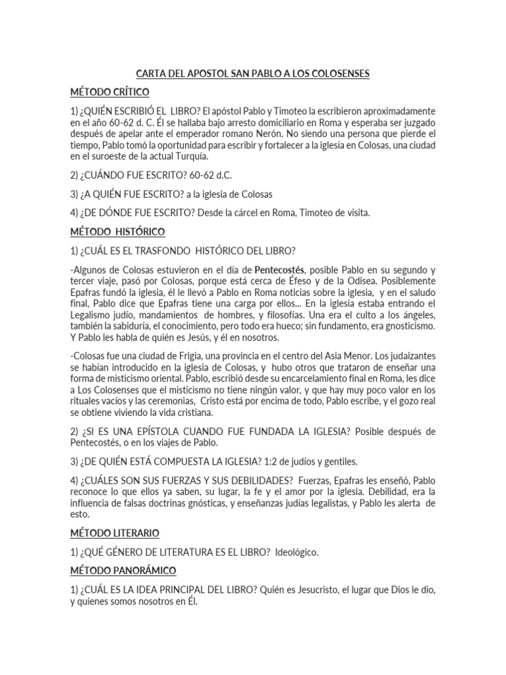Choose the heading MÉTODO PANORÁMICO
(x=123, y=570)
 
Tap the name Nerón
(x=279, y=133)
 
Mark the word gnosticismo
(x=403, y=325)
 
